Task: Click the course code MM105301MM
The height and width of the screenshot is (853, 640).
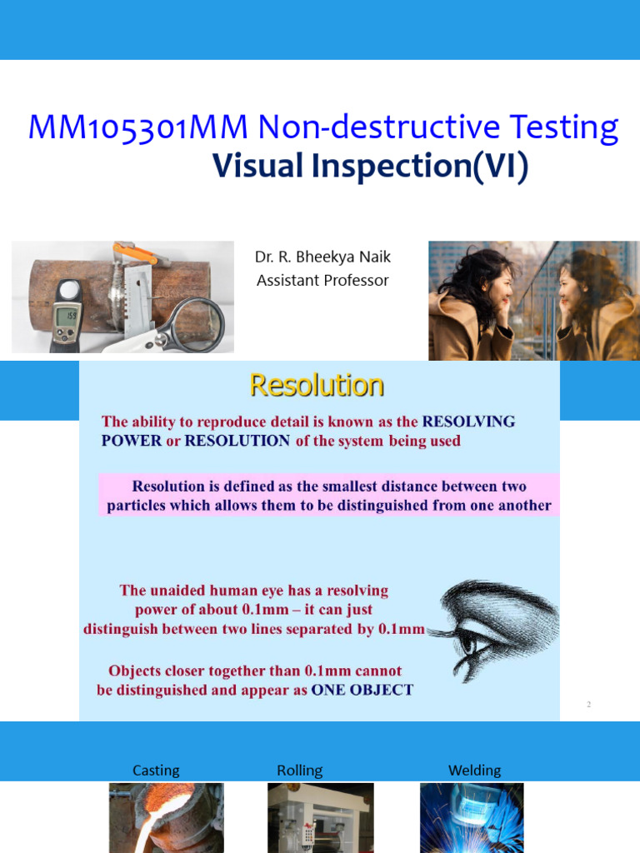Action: coord(138,127)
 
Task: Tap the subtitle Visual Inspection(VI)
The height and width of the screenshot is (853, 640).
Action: coord(370,166)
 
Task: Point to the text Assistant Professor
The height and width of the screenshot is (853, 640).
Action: coord(322,281)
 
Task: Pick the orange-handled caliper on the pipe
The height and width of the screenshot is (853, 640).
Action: coord(133,253)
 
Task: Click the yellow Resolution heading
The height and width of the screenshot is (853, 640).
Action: coord(317,386)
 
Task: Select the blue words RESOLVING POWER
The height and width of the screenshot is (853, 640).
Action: coord(468,422)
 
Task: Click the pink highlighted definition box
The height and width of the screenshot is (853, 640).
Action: coord(328,496)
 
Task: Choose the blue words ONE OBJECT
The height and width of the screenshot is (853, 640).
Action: coord(362,691)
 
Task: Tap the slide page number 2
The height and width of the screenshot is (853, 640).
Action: coord(588,705)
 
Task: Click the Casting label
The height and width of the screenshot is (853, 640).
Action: coord(156,771)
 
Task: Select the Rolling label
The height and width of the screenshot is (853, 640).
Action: coord(299,771)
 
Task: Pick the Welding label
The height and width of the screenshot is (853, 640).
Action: coord(474,771)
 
